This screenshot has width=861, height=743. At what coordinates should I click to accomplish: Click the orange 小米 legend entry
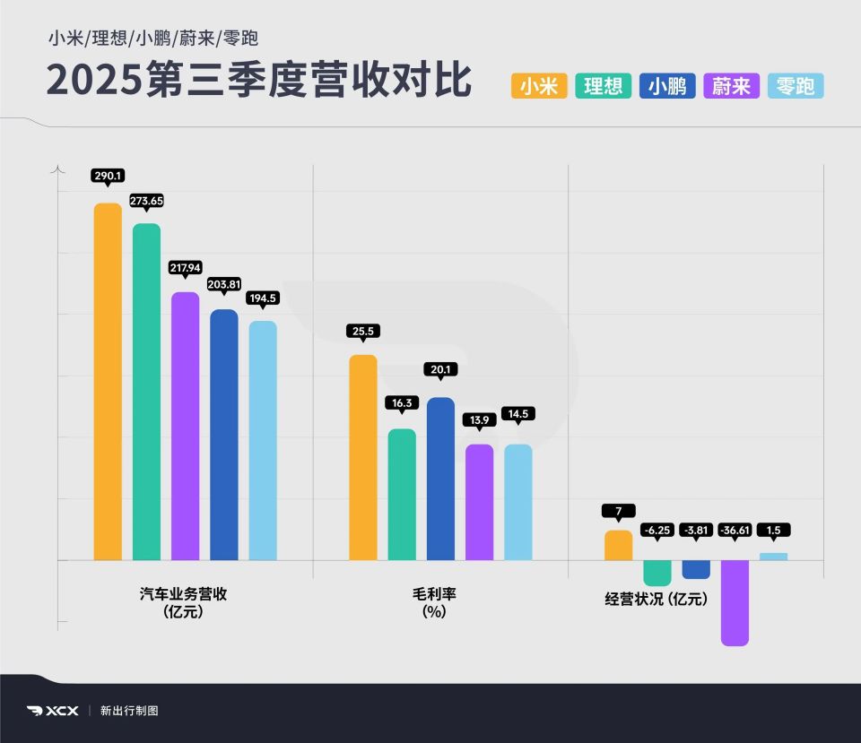coord(539,86)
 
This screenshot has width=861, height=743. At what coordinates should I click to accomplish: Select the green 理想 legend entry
coord(604,86)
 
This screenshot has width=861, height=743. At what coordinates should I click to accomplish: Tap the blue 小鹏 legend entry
coord(667,86)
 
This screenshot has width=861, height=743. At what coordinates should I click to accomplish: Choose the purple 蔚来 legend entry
coord(732,86)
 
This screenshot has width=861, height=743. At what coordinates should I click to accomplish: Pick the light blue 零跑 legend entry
coord(796,86)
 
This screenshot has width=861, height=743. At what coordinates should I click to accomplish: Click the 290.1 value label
coord(108,176)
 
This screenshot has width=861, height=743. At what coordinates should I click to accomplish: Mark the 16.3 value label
coord(401,403)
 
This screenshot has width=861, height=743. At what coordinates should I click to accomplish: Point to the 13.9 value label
coord(479,419)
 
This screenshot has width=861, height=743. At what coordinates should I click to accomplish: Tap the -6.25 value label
coord(657,531)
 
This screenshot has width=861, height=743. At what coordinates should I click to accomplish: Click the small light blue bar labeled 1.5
coord(773,557)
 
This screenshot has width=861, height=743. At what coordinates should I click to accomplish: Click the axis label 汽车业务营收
coord(184,593)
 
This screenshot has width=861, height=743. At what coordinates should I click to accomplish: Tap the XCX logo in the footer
coord(53,711)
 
